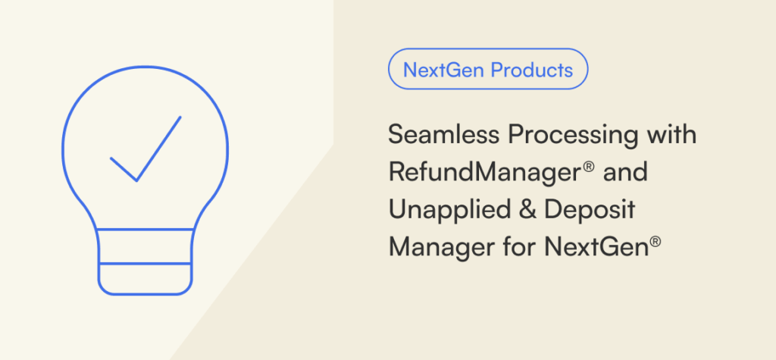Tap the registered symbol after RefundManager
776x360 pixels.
(589, 167)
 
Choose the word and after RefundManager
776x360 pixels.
(624, 172)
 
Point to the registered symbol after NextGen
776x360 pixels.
(656, 241)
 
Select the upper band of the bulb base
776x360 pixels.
(145, 246)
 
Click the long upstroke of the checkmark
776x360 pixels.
(158, 149)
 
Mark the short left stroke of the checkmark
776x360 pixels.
(124, 169)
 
